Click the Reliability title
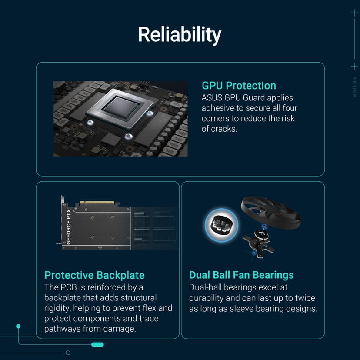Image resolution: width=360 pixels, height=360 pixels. point(180,34)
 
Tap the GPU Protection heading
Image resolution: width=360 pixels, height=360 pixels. point(239,86)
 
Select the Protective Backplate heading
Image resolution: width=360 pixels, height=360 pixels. point(94,275)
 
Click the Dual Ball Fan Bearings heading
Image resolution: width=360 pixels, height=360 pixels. point(241,275)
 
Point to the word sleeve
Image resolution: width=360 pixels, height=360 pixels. point(242,309)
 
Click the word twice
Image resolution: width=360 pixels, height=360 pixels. point(305,298)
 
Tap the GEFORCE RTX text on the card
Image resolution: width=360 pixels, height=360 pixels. point(68,227)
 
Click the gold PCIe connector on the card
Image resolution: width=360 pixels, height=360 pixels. point(97,203)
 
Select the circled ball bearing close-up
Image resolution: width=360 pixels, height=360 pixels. point(222,225)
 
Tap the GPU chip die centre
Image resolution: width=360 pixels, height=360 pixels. point(121,107)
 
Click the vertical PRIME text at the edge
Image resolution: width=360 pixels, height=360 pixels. point(354,87)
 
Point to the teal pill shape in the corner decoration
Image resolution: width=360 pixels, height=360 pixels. point(97,344)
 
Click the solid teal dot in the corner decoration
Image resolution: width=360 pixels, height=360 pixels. point(18,326)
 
